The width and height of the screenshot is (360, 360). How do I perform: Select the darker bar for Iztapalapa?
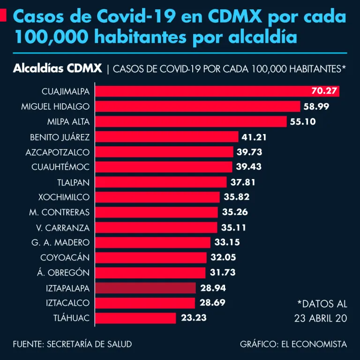[145, 288]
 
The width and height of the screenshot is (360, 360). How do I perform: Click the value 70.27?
[324, 91]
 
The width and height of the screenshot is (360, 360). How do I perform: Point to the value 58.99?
[316, 106]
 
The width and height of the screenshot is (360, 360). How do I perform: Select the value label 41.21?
[255, 137]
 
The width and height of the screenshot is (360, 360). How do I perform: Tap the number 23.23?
[194, 318]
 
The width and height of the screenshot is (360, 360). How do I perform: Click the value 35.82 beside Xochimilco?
[236, 197]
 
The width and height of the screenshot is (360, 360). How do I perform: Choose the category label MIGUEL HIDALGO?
[55, 106]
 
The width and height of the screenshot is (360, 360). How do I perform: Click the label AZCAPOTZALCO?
[58, 152]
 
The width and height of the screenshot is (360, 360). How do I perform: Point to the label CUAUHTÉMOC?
[60, 167]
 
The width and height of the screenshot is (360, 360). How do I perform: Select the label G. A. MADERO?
[60, 242]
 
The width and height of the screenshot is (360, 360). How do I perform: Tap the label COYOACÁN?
[65, 257]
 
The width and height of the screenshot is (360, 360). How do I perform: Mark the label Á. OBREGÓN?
[63, 272]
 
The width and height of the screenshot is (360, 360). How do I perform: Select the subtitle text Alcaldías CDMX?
[58, 68]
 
